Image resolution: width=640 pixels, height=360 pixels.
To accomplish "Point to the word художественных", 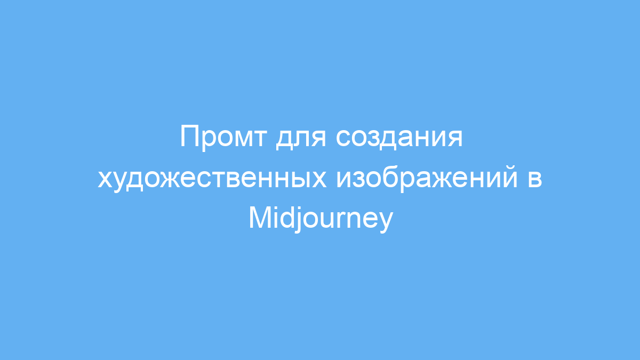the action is coord(212,179).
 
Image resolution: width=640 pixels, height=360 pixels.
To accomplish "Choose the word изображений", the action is coord(427,178).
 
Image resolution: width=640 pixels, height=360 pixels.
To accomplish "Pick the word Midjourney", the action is coord(321,219).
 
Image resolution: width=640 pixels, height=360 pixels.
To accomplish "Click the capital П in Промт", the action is coord(190,136).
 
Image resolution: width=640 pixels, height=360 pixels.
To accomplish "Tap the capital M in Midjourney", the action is coord(261,218).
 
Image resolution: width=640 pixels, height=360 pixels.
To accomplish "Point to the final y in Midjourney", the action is coord(386,223).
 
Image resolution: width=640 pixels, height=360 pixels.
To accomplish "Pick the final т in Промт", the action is coord(259,138).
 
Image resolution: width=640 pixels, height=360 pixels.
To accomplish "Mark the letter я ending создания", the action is coord(455,138).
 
